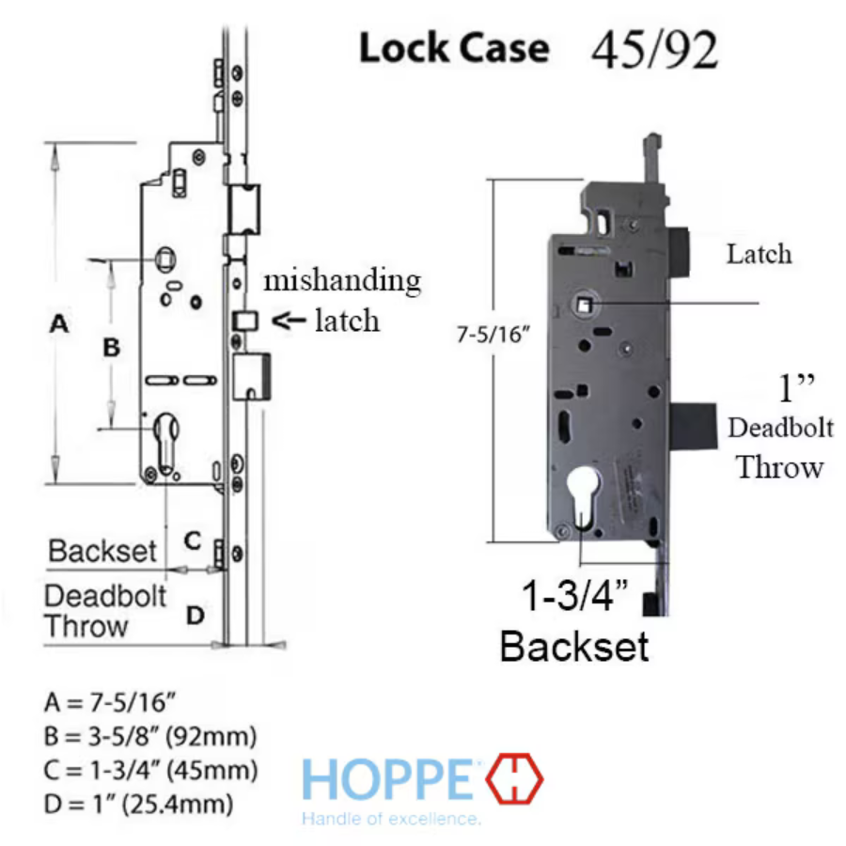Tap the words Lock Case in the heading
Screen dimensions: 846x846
pyautogui.click(x=454, y=49)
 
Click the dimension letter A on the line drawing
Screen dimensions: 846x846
pyautogui.click(x=59, y=325)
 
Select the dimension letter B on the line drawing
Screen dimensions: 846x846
pyautogui.click(x=111, y=348)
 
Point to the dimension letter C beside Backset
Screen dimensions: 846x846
pyautogui.click(x=192, y=540)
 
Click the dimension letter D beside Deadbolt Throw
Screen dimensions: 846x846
pyautogui.click(x=195, y=616)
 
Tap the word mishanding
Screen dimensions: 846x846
pyautogui.click(x=341, y=280)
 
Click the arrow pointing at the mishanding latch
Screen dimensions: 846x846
pyautogui.click(x=288, y=321)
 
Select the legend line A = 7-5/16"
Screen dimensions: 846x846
pyautogui.click(x=111, y=701)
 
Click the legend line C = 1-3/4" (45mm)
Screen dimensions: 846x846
pyautogui.click(x=149, y=771)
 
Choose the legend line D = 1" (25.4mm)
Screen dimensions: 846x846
pyautogui.click(x=138, y=805)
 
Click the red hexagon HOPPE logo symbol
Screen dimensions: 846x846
pyautogui.click(x=515, y=779)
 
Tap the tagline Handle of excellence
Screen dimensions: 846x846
pyautogui.click(x=391, y=819)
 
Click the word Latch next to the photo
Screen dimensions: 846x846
pyautogui.click(x=759, y=254)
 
